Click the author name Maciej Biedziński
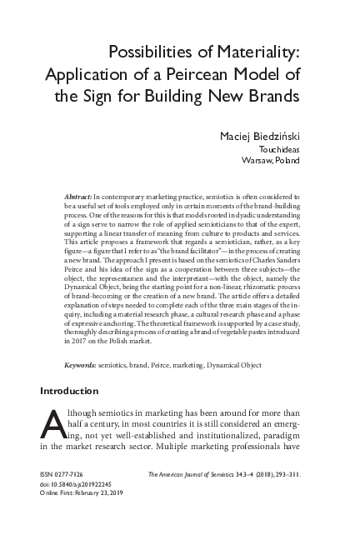pyautogui.click(x=267, y=135)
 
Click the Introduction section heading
pyautogui.click(x=69, y=391)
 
